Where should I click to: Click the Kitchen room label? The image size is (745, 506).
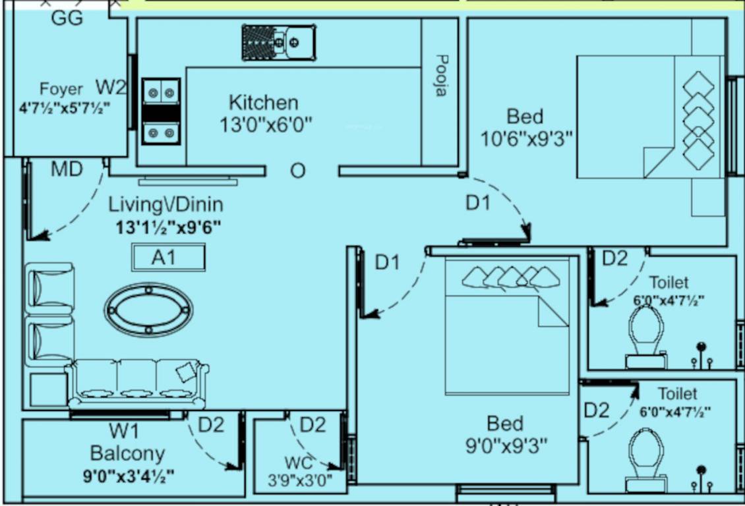click(263, 103)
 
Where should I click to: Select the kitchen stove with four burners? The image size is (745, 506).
click(161, 111)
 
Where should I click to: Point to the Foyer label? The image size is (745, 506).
click(61, 89)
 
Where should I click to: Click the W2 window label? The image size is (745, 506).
click(111, 86)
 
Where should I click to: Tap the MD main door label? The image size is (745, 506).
click(67, 169)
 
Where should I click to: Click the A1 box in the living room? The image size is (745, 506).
click(168, 257)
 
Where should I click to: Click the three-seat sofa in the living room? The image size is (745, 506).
click(137, 384)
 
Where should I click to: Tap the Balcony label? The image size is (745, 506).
click(127, 453)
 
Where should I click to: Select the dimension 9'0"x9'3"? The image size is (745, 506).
click(506, 446)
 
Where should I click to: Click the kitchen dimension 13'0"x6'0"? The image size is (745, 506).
click(266, 124)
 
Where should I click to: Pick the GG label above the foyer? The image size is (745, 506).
click(67, 18)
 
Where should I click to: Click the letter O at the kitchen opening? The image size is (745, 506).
click(298, 171)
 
